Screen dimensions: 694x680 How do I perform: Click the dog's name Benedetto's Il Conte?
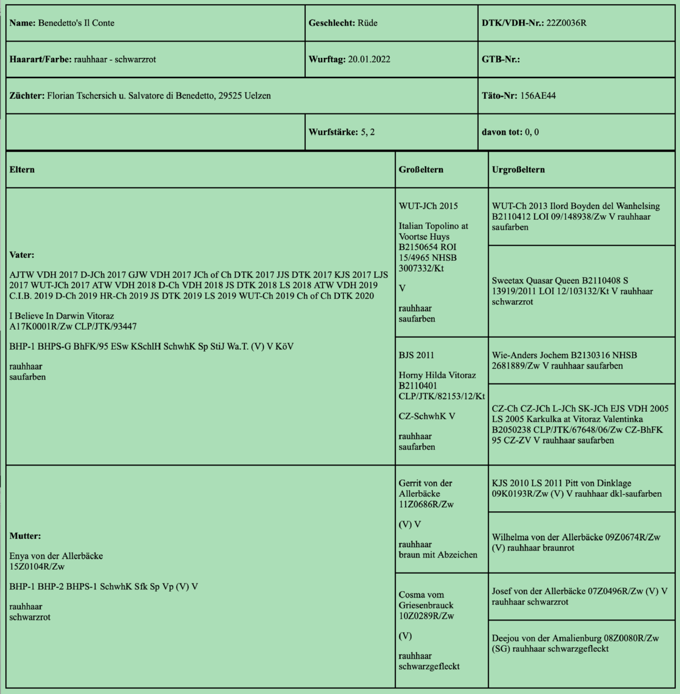tap(76, 23)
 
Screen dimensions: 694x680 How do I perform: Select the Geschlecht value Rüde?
tap(367, 23)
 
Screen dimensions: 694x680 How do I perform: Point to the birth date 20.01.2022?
tap(369, 59)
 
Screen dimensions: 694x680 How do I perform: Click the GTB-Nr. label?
tap(500, 59)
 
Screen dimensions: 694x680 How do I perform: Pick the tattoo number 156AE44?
tap(538, 95)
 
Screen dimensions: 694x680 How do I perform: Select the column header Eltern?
tap(22, 169)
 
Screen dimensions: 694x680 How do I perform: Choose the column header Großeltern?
tap(421, 169)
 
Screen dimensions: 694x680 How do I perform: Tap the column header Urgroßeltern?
tap(518, 169)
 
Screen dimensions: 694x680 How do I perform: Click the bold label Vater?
tap(23, 254)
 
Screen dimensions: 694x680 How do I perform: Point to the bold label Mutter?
tap(25, 536)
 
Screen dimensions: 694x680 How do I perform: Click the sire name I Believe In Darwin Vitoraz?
tap(62, 316)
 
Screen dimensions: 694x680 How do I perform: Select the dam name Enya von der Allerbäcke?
tap(56, 556)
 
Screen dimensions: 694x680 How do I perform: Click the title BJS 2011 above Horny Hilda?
tap(416, 355)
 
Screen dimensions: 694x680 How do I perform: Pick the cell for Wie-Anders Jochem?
tap(581, 360)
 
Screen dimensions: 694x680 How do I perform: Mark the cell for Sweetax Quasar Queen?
tap(581, 291)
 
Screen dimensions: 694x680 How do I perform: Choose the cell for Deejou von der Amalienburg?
tap(581, 643)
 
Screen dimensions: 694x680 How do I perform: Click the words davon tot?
tap(501, 132)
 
